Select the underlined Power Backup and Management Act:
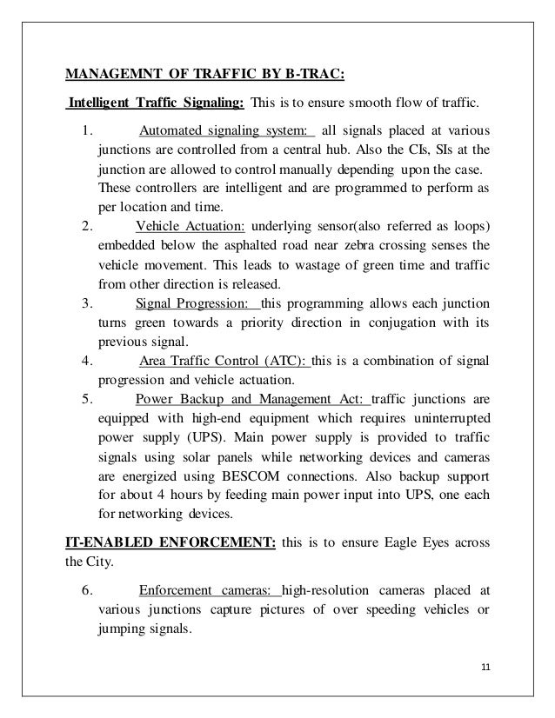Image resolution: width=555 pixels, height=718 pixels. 253,401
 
